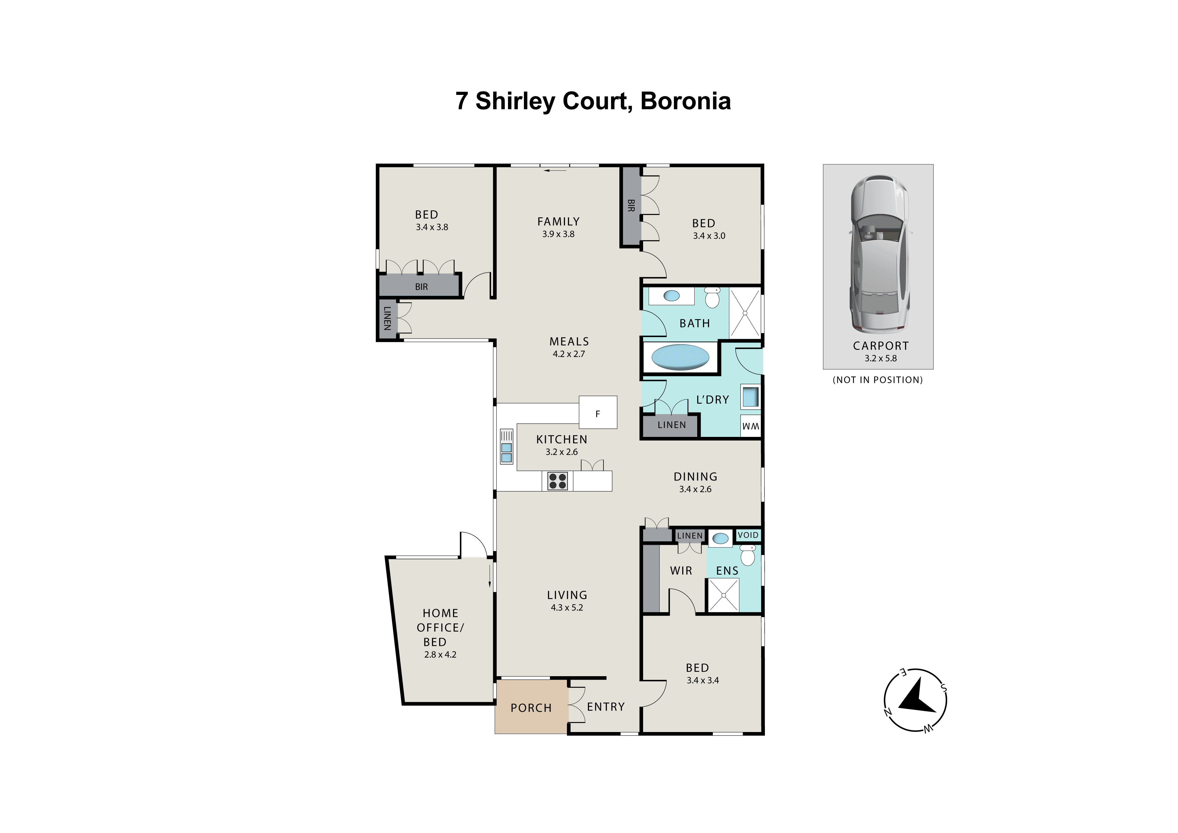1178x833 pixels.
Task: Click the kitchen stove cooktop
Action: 557,481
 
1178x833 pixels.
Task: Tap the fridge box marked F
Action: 598,412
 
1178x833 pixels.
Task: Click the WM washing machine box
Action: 751,426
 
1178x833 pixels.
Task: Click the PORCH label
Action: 531,708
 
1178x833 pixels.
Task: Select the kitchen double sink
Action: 506,446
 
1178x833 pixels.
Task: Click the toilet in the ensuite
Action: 748,555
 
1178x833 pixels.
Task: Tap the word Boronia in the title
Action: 686,101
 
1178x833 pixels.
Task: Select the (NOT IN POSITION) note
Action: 878,380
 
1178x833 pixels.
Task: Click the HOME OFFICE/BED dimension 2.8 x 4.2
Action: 440,655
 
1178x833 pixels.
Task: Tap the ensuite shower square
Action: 724,595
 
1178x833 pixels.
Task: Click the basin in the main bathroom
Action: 672,296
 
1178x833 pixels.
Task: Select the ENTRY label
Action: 606,707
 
